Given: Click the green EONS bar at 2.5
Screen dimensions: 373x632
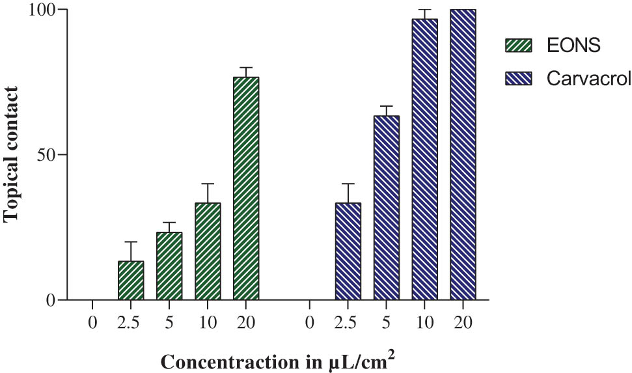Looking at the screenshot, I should click(x=130, y=281).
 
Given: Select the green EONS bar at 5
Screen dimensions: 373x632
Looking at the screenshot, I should click(x=169, y=266).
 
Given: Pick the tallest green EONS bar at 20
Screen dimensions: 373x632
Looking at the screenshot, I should click(x=246, y=189).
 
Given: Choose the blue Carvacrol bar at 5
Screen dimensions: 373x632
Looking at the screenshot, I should click(x=386, y=208).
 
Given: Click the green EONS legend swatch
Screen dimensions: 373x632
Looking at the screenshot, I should click(x=519, y=45).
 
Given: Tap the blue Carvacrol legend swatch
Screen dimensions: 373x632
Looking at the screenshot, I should click(x=519, y=79).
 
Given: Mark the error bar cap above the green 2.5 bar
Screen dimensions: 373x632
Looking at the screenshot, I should click(x=130, y=242).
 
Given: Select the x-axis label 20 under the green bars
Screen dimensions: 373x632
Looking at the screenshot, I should click(x=246, y=322).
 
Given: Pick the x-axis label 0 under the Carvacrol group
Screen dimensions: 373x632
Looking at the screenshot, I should click(x=309, y=322).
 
